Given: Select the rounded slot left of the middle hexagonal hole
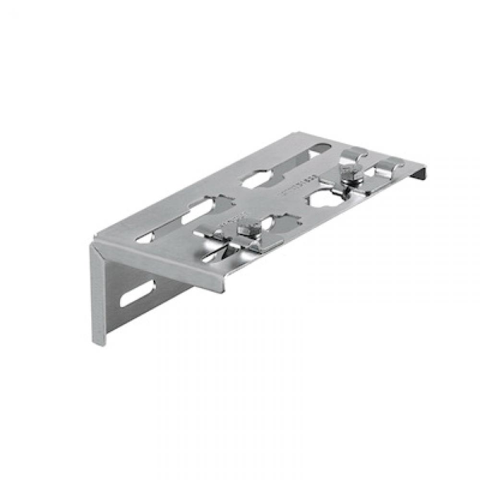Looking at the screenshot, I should click(x=197, y=211).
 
